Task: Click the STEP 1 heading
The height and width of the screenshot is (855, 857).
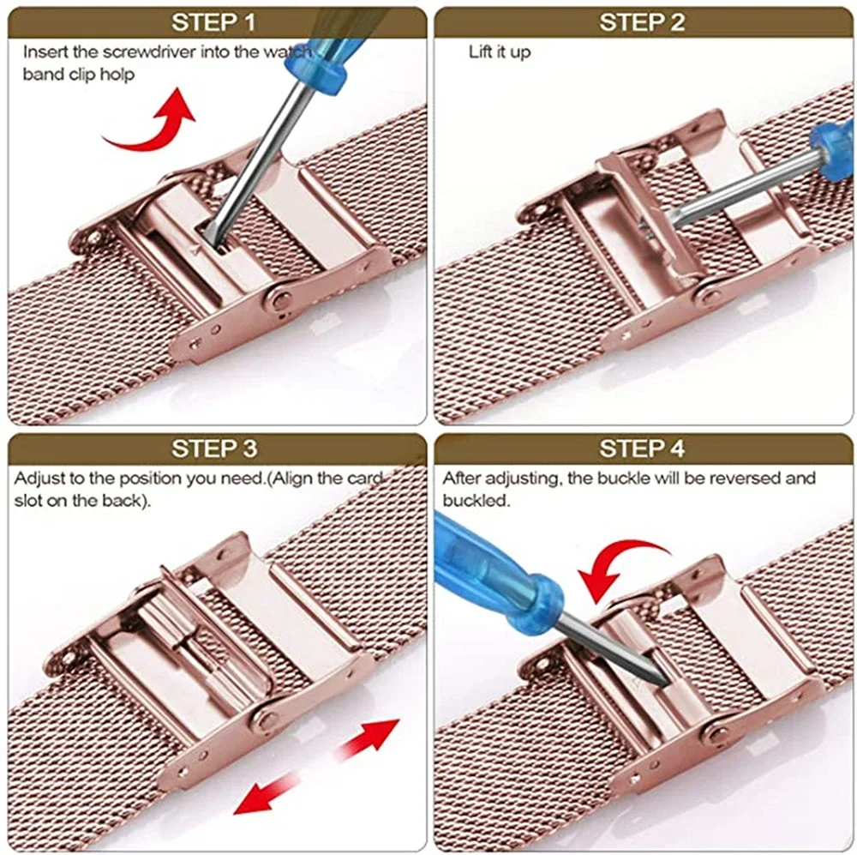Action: point(214,22)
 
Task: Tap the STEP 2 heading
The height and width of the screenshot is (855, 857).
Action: point(642,22)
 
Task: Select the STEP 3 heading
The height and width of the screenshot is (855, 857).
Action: point(214,449)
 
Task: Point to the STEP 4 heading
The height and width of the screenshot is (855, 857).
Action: point(642,449)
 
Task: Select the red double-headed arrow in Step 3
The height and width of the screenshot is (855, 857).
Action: point(317,766)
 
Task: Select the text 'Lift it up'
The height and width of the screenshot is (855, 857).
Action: point(499,51)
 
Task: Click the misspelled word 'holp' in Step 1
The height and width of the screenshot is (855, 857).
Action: point(118,74)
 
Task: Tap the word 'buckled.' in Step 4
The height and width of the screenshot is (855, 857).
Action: point(476,501)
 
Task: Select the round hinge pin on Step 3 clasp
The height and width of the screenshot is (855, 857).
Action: point(267,720)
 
